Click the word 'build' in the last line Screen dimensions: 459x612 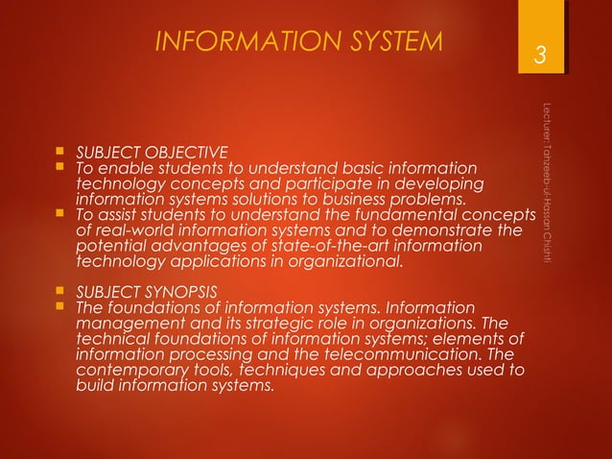coord(94,387)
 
